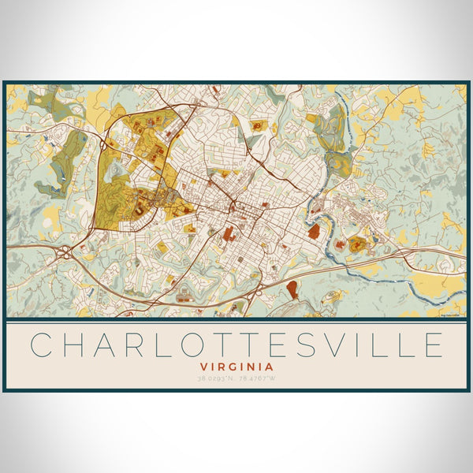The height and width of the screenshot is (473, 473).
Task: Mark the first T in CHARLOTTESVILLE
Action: [x=233, y=345]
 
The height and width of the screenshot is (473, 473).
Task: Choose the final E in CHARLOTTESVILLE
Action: [x=433, y=345]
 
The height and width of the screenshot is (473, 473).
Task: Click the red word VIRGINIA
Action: [x=236, y=367]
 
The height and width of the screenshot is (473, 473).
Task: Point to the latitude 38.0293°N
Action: [x=216, y=379]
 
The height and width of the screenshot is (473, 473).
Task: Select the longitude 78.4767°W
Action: [x=257, y=379]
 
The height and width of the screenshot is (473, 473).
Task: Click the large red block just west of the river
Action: [x=313, y=231]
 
